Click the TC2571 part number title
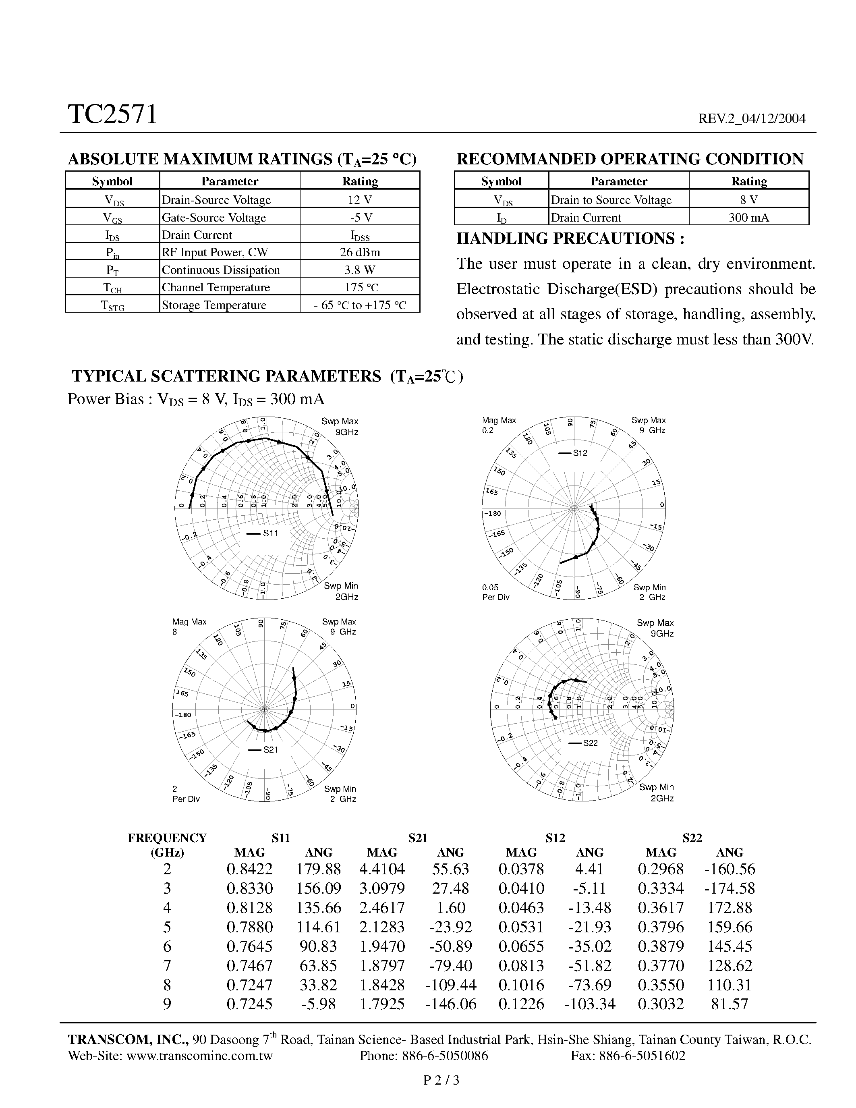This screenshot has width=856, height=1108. (x=112, y=115)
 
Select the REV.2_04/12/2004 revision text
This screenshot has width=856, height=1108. (x=752, y=119)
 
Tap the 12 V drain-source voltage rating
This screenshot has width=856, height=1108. (x=360, y=199)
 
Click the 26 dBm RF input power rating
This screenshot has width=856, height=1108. (x=360, y=252)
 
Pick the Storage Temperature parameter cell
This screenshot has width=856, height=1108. (x=214, y=305)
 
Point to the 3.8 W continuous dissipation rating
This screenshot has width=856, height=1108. (x=360, y=270)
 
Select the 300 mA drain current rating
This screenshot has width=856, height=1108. (x=748, y=218)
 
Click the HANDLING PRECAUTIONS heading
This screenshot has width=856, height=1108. (x=570, y=239)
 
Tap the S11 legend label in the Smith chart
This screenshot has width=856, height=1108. (x=270, y=533)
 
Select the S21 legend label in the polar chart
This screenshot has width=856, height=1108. (x=270, y=750)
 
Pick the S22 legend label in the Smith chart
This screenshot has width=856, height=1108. (x=590, y=743)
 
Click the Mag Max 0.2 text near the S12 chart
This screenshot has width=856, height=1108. (x=498, y=425)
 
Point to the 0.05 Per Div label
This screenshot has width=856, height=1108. (x=495, y=592)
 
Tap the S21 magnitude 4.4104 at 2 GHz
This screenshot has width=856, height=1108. (x=382, y=869)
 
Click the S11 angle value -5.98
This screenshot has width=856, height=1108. (x=319, y=1004)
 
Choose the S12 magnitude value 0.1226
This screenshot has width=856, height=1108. (x=521, y=1004)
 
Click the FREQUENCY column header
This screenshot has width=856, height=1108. (x=167, y=838)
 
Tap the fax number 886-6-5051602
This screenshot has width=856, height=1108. (x=642, y=1056)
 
